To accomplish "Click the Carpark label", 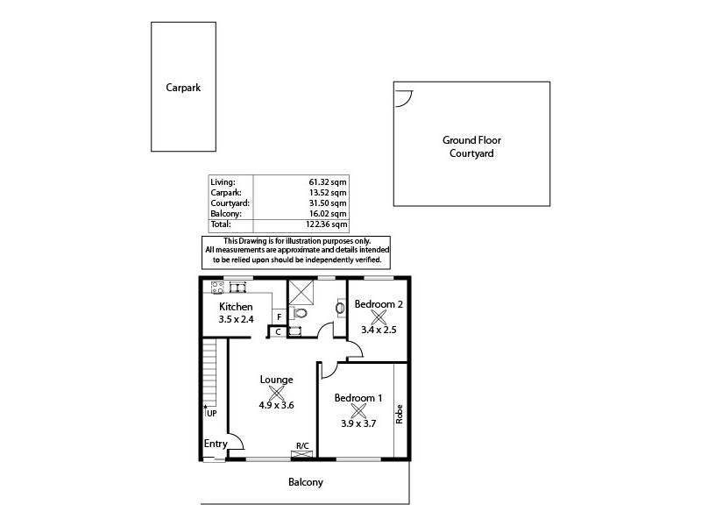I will pos(183,88).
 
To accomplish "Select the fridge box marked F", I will pos(278,316).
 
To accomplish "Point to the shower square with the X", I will pos(300,291).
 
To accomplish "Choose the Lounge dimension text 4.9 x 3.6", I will pos(275,405).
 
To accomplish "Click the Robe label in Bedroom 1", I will pos(400,413).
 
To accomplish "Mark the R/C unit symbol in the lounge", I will pos(302,454).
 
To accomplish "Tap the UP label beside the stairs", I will pos(211,413).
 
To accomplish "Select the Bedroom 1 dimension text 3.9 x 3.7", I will pos(358,423).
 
